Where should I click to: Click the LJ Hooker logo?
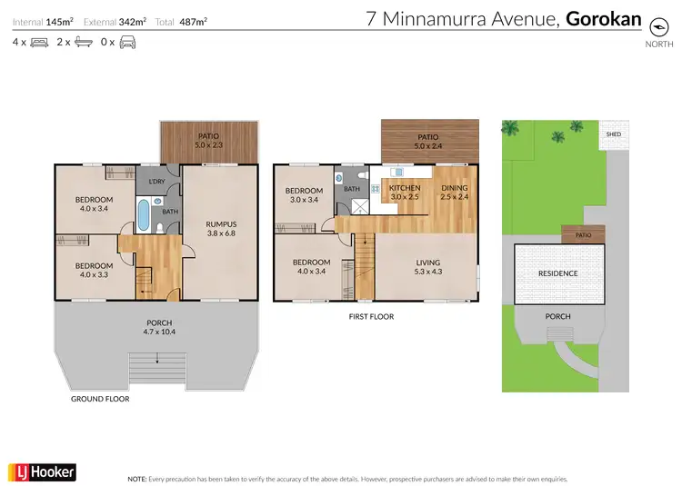42,471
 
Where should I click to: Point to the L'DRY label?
156,183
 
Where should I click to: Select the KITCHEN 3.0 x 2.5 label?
405,193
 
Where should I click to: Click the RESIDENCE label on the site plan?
557,273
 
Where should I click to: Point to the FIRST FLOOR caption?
371,317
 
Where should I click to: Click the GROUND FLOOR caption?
100,399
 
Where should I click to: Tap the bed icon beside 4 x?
39,42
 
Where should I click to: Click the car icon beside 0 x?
127,42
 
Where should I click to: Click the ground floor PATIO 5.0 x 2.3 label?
209,140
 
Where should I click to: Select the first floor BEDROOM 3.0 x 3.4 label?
304,195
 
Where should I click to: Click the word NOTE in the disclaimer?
137,478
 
